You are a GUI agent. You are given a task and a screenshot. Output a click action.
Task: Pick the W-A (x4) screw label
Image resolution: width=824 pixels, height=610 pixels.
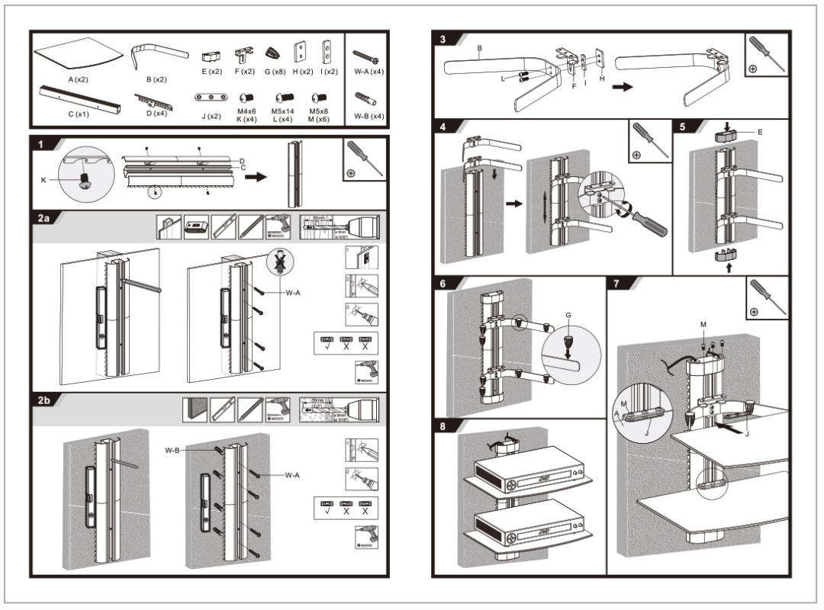point(369,72)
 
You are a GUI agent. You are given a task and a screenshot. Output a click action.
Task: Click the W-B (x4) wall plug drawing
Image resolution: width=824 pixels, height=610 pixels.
point(366,98)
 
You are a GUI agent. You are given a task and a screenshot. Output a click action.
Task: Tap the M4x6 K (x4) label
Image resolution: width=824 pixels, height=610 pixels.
point(246,115)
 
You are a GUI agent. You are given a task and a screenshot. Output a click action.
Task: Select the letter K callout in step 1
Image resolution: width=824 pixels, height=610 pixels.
point(43,180)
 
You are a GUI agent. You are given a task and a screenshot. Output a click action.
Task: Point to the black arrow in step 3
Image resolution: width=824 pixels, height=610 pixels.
point(623,87)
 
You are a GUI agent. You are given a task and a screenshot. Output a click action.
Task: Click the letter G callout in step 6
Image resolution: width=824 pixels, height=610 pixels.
point(568,313)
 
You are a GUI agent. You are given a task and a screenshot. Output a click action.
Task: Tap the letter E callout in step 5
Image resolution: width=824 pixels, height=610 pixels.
point(760,132)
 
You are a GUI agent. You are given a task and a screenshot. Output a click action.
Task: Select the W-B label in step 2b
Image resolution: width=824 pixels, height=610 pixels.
point(172,451)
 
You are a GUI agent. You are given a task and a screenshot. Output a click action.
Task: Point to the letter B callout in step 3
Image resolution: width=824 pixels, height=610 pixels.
point(479,47)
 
